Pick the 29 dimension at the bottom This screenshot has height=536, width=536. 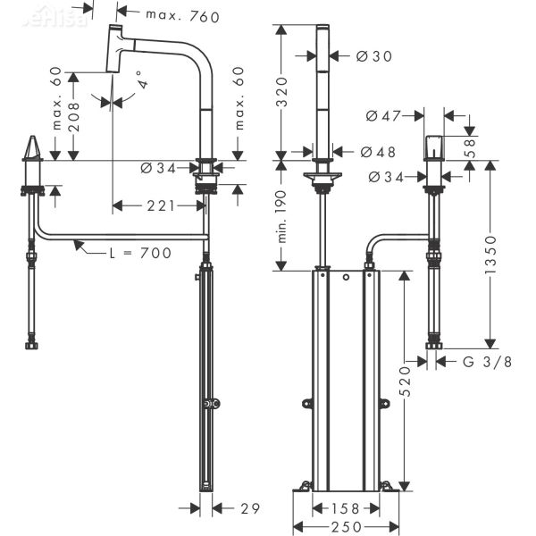pos(250,508)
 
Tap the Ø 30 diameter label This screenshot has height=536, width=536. pos(374,56)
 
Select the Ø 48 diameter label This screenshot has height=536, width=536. pos(378,152)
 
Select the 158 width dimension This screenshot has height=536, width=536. pos(344,508)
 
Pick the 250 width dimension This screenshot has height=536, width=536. pos(344,527)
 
